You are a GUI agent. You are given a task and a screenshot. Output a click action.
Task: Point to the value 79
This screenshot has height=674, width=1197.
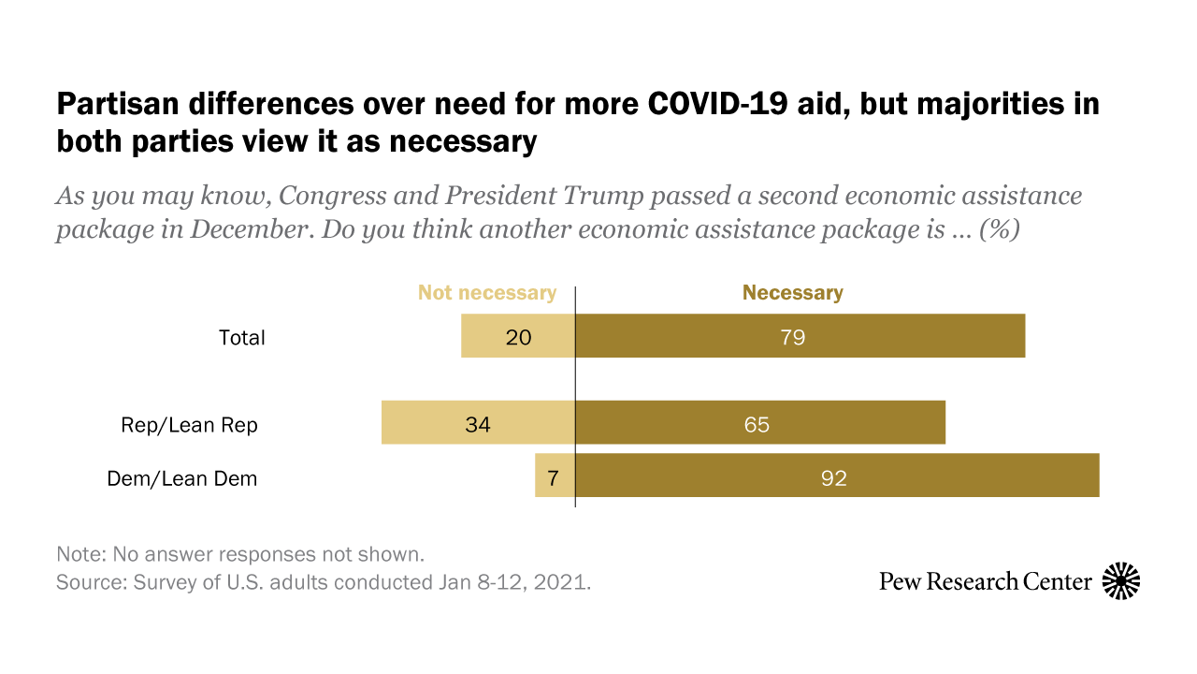(x=792, y=337)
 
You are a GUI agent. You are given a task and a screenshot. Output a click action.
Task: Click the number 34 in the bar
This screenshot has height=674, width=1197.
(x=478, y=424)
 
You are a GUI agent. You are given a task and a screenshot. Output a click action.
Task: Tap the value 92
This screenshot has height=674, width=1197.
(x=833, y=478)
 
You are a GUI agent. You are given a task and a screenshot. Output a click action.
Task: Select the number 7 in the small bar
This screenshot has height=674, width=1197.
(x=553, y=478)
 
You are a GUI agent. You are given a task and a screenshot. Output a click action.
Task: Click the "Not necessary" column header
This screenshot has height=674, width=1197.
(x=486, y=293)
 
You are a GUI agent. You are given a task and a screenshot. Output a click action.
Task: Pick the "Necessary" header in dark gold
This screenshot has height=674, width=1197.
(x=793, y=293)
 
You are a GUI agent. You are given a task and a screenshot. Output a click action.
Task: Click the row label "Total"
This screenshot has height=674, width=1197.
(x=242, y=338)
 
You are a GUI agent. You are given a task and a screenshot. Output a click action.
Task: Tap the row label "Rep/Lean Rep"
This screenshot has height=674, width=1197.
(x=190, y=425)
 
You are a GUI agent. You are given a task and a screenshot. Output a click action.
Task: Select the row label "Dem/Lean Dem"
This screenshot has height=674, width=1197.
(x=182, y=478)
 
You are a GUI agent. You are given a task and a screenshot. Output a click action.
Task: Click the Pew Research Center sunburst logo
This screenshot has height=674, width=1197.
(x=1121, y=581)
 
